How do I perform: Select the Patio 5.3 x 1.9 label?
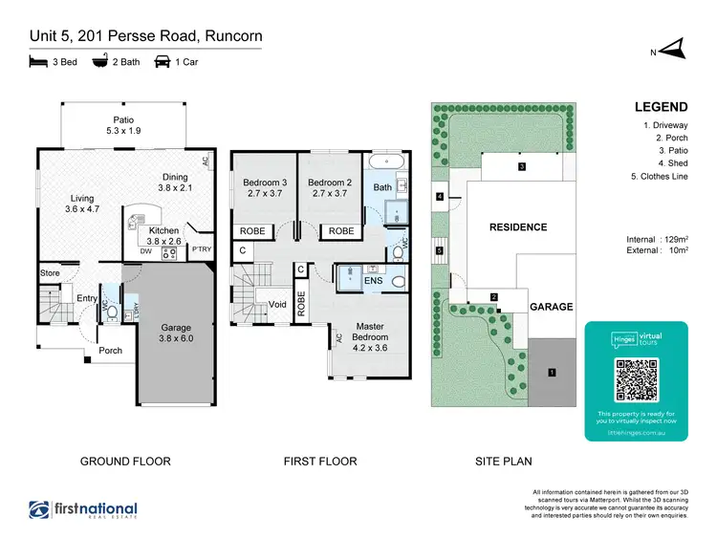coord(124,125)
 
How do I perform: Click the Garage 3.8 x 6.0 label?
coord(176,333)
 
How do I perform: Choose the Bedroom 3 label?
coord(263,187)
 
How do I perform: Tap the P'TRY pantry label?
coord(202,250)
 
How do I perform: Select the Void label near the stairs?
coord(278,304)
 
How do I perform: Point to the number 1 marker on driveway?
coord(552,372)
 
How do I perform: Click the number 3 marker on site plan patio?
coord(522,166)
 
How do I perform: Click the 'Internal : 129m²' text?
coord(658,240)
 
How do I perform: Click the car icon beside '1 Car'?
coord(163,63)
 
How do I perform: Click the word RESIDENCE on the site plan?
coord(518,227)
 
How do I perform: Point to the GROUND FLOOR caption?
coord(124,462)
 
